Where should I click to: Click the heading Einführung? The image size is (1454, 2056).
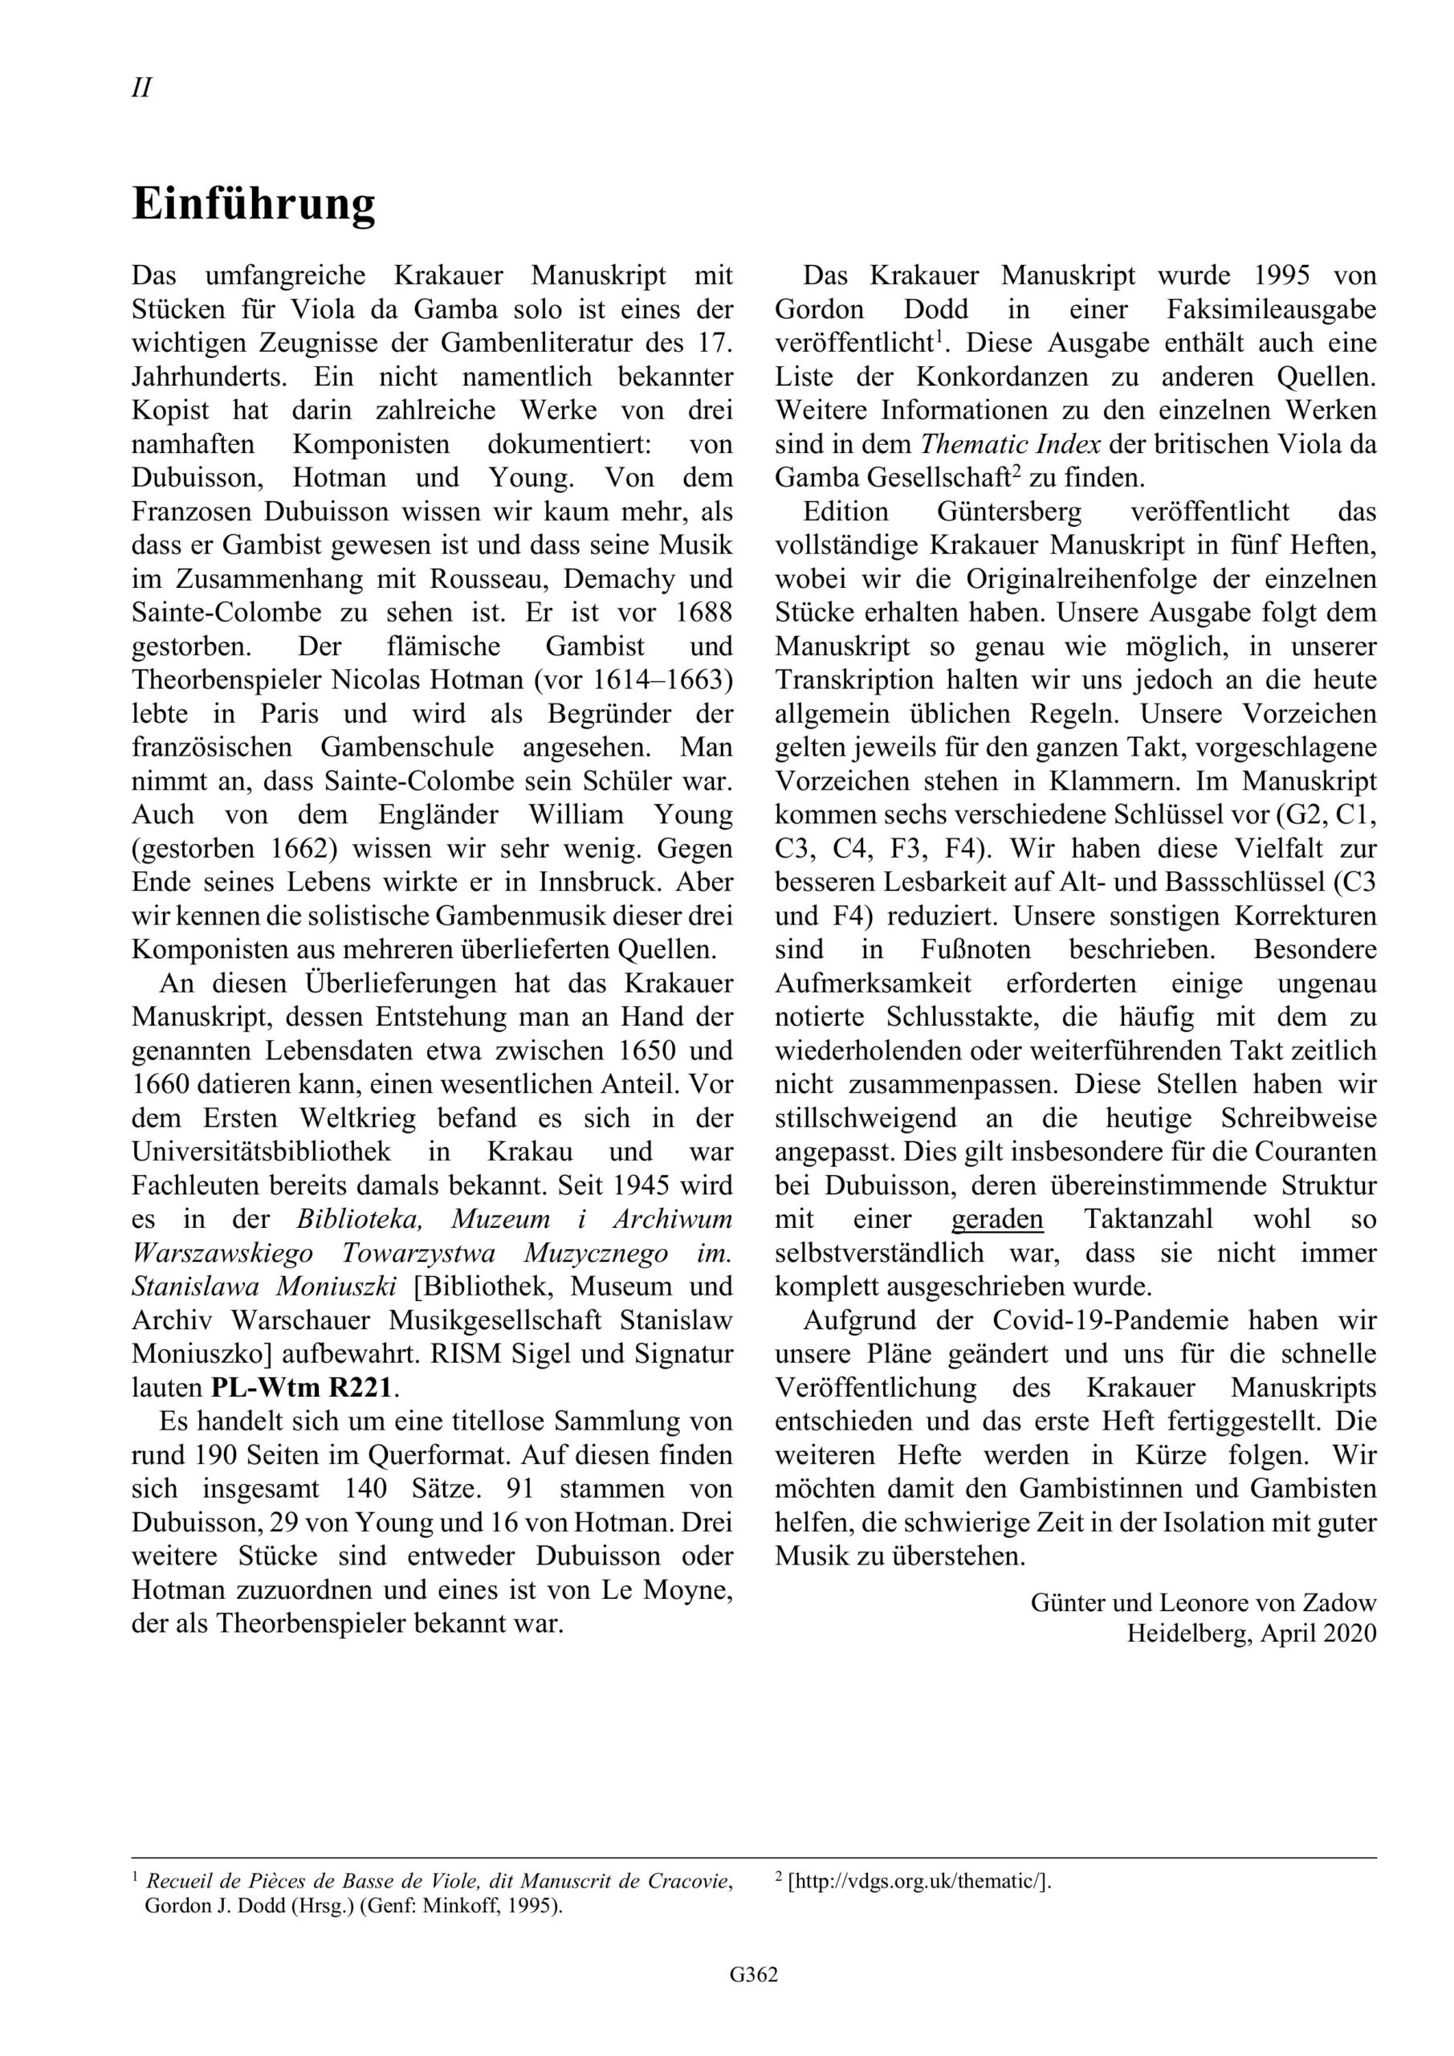254,203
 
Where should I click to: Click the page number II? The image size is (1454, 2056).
141,88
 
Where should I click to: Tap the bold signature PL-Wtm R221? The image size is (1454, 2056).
302,1387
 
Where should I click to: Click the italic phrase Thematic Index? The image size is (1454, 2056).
1010,444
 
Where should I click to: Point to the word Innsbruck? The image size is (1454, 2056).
599,881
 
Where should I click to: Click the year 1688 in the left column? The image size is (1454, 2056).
703,613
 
